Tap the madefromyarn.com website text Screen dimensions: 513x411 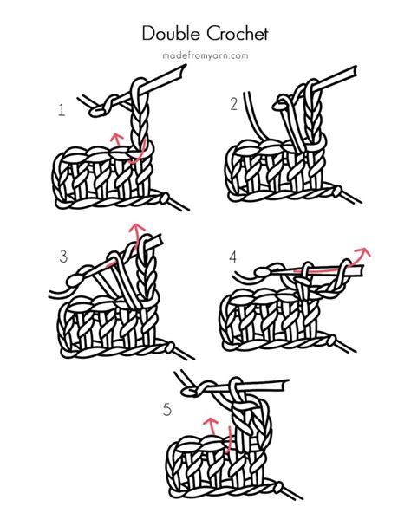pos(205,56)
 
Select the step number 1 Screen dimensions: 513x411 pos(62,110)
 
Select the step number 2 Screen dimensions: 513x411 pos(234,104)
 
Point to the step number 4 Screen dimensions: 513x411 pos(233,256)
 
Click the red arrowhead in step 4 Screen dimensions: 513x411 pos(362,252)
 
